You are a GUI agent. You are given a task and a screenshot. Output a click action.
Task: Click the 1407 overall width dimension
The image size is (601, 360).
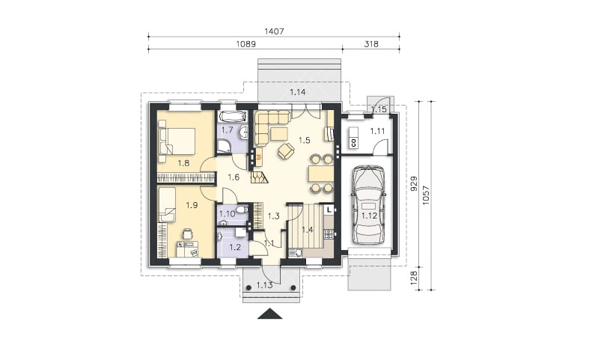coord(274,31)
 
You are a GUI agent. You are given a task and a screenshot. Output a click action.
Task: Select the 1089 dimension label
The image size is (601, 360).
coord(245,44)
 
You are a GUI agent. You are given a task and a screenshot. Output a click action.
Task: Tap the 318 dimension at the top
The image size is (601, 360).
coord(371,44)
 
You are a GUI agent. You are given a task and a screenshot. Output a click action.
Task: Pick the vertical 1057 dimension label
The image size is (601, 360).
coord(426,195)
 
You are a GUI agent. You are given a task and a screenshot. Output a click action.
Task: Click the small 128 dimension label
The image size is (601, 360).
coord(414,278)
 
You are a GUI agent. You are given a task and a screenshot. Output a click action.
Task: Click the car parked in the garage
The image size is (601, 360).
coord(368,205)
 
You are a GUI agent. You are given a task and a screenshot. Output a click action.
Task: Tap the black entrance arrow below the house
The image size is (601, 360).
coord(270,314)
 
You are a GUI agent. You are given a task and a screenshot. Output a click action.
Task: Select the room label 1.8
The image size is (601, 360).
coord(183,163)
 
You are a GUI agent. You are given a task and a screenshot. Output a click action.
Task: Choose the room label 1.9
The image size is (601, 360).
coord(192,206)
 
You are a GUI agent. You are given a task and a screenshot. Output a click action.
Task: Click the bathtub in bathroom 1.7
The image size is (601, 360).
coord(233,116)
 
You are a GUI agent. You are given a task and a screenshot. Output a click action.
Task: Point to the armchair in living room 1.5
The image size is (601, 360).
coord(286,150)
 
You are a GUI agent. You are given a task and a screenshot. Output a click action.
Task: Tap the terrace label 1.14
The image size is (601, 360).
coord(297,92)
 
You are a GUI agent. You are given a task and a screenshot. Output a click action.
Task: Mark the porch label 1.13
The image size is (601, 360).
coord(264,285)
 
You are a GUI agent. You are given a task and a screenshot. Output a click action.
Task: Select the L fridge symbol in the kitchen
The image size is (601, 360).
coord(329,210)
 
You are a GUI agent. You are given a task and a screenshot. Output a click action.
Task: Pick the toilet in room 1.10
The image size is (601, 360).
coord(241,210)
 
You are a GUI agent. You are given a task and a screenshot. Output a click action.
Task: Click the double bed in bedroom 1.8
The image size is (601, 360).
coord(177,141)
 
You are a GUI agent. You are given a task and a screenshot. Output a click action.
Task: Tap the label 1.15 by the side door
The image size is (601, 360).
coord(379,109)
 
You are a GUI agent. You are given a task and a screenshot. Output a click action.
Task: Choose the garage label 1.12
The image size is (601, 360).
coord(370,216)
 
